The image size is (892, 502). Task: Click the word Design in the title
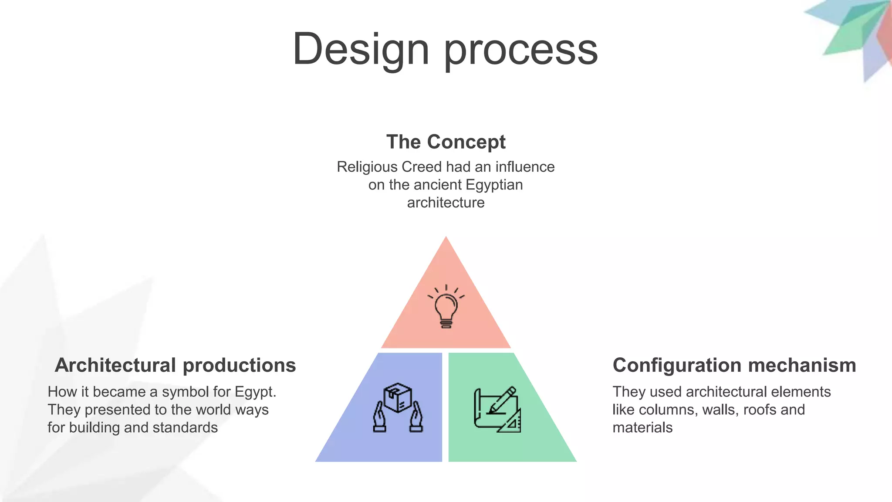coord(361,49)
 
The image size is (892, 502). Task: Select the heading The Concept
coord(446,142)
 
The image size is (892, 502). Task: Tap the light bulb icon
coord(446,306)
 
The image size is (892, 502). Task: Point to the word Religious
coord(367,167)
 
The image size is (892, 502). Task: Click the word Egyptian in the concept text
coord(494,185)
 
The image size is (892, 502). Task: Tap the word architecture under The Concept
coord(446,203)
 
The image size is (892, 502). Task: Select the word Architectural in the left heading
coord(115,365)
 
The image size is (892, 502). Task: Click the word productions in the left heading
coord(239,365)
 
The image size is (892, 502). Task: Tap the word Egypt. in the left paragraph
coord(255,392)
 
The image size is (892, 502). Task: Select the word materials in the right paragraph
coord(642,427)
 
